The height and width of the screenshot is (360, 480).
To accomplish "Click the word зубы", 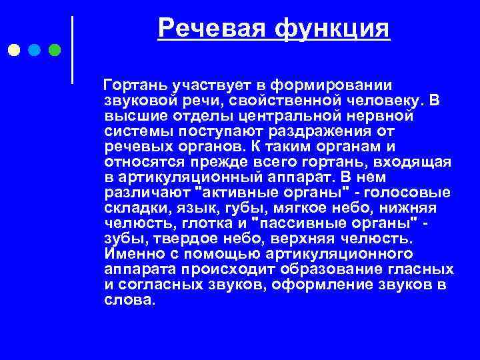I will click(123, 237).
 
